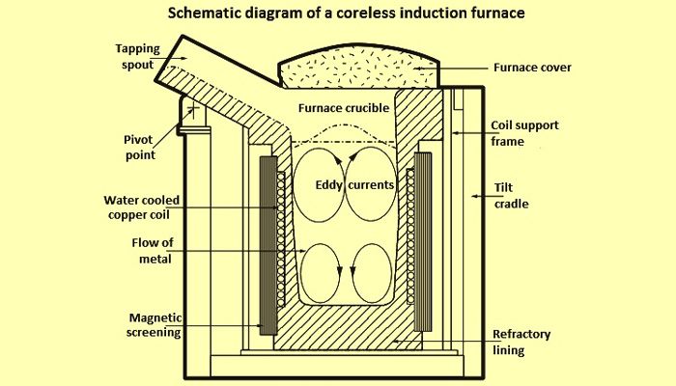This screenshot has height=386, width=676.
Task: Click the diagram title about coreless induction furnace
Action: pyautogui.click(x=346, y=13)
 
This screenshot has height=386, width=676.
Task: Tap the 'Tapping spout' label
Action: pyautogui.click(x=137, y=56)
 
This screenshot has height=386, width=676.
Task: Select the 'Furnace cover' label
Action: pyautogui.click(x=532, y=68)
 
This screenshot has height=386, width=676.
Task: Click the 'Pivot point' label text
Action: pyautogui.click(x=139, y=148)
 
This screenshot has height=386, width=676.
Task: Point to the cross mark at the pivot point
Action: pyautogui.click(x=193, y=110)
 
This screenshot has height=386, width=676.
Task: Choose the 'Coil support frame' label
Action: pyautogui.click(x=524, y=133)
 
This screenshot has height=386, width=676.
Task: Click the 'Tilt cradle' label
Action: pyautogui.click(x=511, y=196)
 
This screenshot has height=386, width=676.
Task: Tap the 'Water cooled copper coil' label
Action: pyautogui.click(x=141, y=207)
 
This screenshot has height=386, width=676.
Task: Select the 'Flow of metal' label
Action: pyautogui.click(x=153, y=251)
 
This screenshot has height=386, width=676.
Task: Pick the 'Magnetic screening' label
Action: pyautogui.click(x=155, y=325)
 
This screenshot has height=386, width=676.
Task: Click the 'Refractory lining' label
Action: pyautogui.click(x=521, y=342)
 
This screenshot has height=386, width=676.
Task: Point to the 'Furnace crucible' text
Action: pyautogui.click(x=344, y=108)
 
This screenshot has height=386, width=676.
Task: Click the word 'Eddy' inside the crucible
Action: pyautogui.click(x=329, y=185)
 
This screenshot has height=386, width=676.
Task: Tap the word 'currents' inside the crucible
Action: pyautogui.click(x=371, y=185)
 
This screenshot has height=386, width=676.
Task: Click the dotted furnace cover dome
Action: pyautogui.click(x=358, y=67)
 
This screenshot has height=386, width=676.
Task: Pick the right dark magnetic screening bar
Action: pyautogui.click(x=423, y=241)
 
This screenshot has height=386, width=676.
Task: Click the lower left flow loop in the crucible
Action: pyautogui.click(x=320, y=273)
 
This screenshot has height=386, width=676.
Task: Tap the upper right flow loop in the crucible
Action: pyautogui.click(x=371, y=185)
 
